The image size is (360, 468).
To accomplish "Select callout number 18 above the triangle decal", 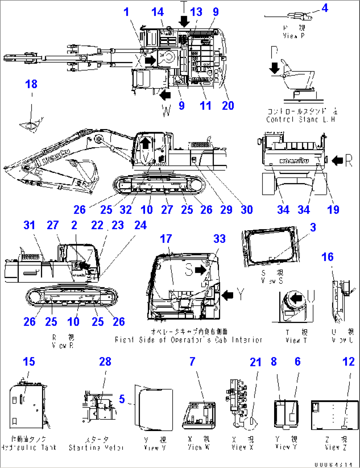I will click(31, 84).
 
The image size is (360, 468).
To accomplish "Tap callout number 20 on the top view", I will click(228, 106).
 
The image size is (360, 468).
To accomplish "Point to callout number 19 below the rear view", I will click(333, 209).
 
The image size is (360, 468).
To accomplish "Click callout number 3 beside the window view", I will click(313, 227).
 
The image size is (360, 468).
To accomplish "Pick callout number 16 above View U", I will click(327, 257).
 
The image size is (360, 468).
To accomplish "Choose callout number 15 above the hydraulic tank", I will click(29, 361).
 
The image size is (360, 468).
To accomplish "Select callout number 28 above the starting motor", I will click(105, 361).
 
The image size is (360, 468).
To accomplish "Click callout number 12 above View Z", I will click(348, 361).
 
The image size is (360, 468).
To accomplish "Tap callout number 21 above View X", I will click(256, 362).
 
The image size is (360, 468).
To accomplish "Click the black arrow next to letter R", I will click(337, 161).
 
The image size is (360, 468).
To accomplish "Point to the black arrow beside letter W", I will click(165, 95).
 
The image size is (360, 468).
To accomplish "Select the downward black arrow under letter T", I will click(184, 22).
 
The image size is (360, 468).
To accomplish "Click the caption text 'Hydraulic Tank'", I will click(29, 448).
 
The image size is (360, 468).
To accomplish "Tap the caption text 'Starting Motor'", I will click(96, 448).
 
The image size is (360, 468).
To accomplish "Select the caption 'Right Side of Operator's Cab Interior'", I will click(189, 340).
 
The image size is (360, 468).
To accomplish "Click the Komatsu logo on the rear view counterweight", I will click(294, 161).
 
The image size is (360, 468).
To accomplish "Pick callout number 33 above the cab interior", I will click(219, 239).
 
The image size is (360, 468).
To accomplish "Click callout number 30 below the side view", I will click(246, 209).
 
